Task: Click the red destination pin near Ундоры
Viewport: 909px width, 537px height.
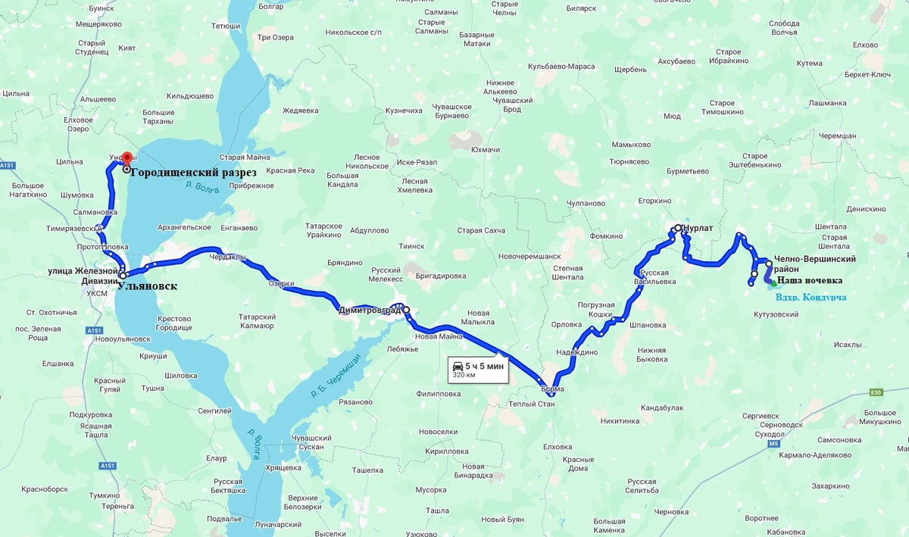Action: [x=127, y=158]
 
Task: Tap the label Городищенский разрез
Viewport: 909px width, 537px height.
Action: [x=193, y=172]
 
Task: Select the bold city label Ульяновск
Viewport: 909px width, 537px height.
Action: [x=148, y=286]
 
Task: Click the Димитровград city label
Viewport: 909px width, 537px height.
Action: [x=370, y=310]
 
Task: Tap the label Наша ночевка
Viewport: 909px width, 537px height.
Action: [x=810, y=280]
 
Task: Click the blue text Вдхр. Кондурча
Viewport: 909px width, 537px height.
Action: [x=810, y=297]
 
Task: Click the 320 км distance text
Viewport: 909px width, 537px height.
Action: [x=464, y=374]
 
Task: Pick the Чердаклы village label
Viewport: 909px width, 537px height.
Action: [x=228, y=257]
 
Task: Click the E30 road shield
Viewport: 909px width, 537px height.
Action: [x=877, y=392]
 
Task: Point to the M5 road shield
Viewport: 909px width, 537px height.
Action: [x=773, y=444]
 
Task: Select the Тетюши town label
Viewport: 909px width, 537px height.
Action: [x=226, y=26]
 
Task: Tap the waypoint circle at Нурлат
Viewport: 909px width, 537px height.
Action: [x=677, y=227]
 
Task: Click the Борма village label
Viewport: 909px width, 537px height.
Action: [x=552, y=389]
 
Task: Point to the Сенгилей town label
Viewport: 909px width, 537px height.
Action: [x=214, y=411]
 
